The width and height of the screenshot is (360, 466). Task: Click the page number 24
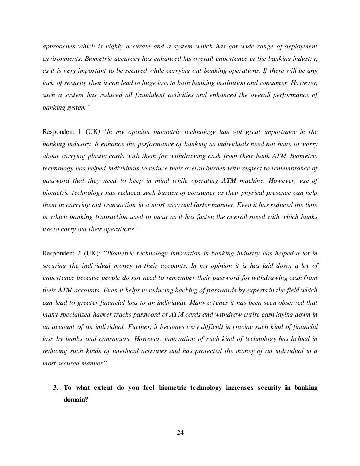pos(180,432)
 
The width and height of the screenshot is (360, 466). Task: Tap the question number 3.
pos(56,388)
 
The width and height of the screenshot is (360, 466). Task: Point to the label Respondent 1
pos(58,132)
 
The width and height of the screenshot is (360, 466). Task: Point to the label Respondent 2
pos(58,254)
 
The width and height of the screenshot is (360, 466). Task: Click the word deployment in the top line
pos(301,46)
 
